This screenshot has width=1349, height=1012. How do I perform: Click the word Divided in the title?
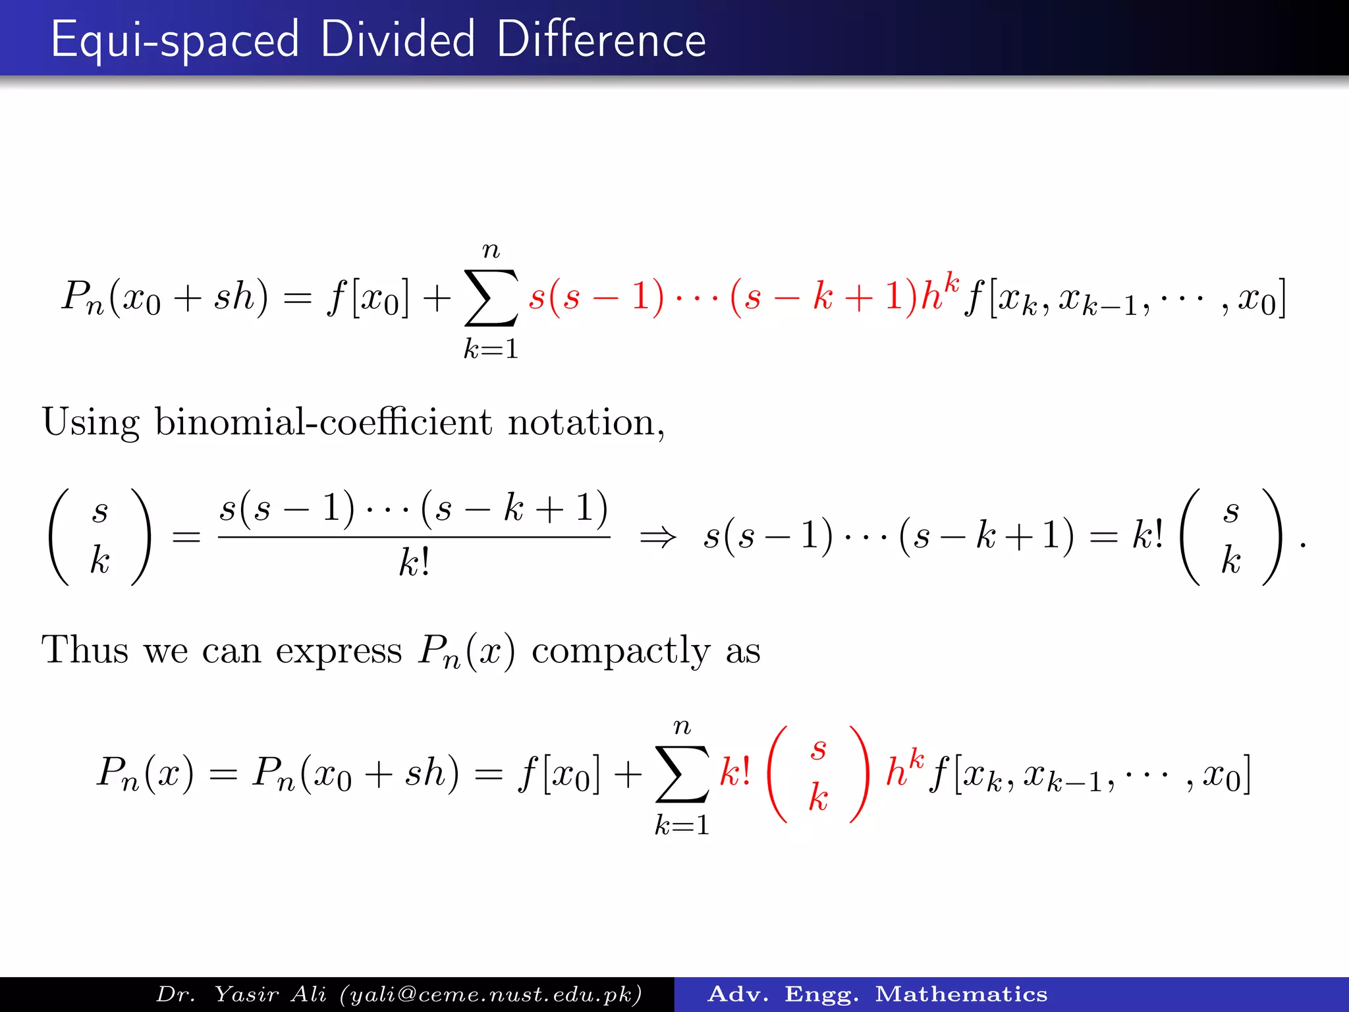[397, 40]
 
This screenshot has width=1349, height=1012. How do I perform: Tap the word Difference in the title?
[601, 40]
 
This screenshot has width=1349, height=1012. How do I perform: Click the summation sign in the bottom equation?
[682, 774]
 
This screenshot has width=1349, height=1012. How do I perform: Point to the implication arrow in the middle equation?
[657, 538]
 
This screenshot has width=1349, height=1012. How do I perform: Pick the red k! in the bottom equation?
[735, 772]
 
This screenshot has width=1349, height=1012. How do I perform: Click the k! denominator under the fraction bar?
[414, 563]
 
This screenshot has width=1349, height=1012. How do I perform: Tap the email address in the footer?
[490, 994]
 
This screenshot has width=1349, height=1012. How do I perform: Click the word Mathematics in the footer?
[961, 994]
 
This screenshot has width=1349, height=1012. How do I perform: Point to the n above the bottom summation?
[682, 727]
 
